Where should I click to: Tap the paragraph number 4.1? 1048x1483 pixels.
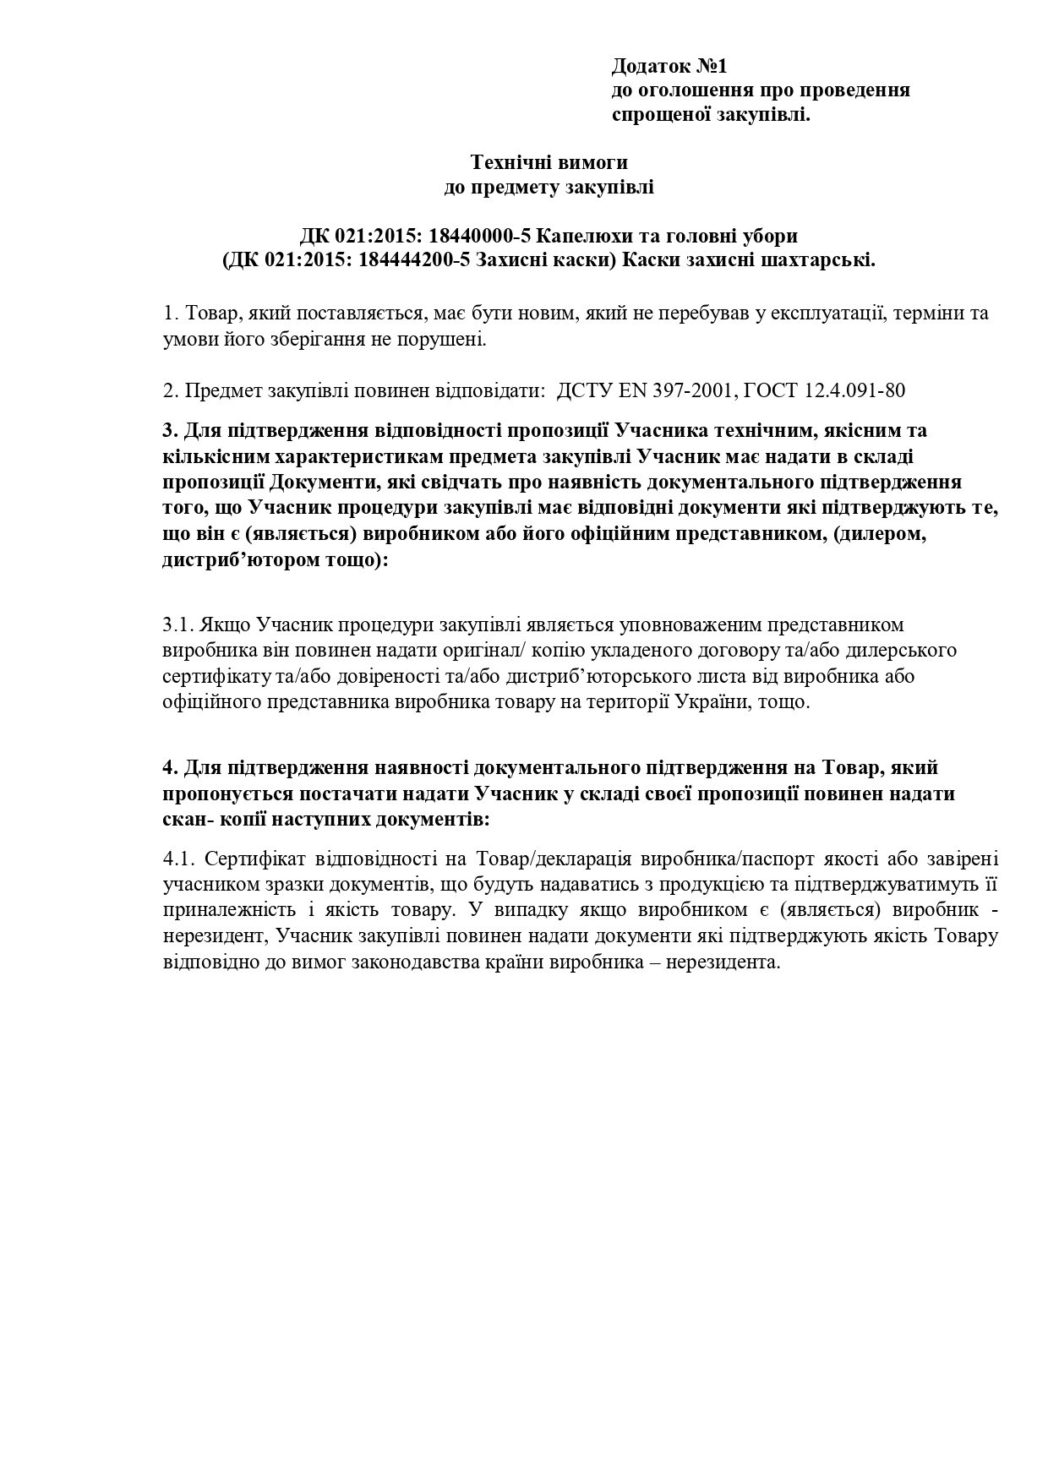[179, 859]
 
